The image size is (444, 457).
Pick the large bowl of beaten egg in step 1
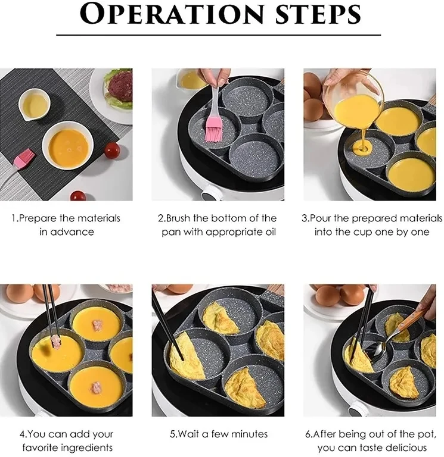click(x=67, y=145)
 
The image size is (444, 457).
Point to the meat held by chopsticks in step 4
click(x=55, y=342)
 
